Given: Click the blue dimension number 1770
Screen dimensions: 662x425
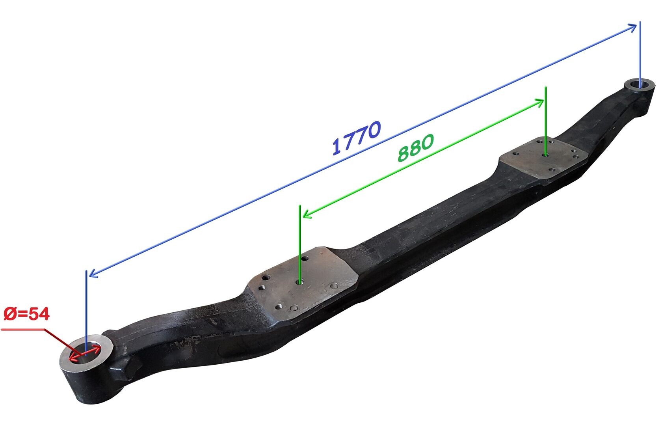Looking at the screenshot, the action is click(357, 138).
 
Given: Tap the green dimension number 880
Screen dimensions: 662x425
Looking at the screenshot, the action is click(416, 147).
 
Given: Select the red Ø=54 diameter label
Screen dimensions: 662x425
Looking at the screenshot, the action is click(27, 314).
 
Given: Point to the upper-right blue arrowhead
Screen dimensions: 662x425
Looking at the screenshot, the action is click(632, 28).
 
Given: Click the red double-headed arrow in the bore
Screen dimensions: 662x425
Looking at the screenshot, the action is click(84, 353).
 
